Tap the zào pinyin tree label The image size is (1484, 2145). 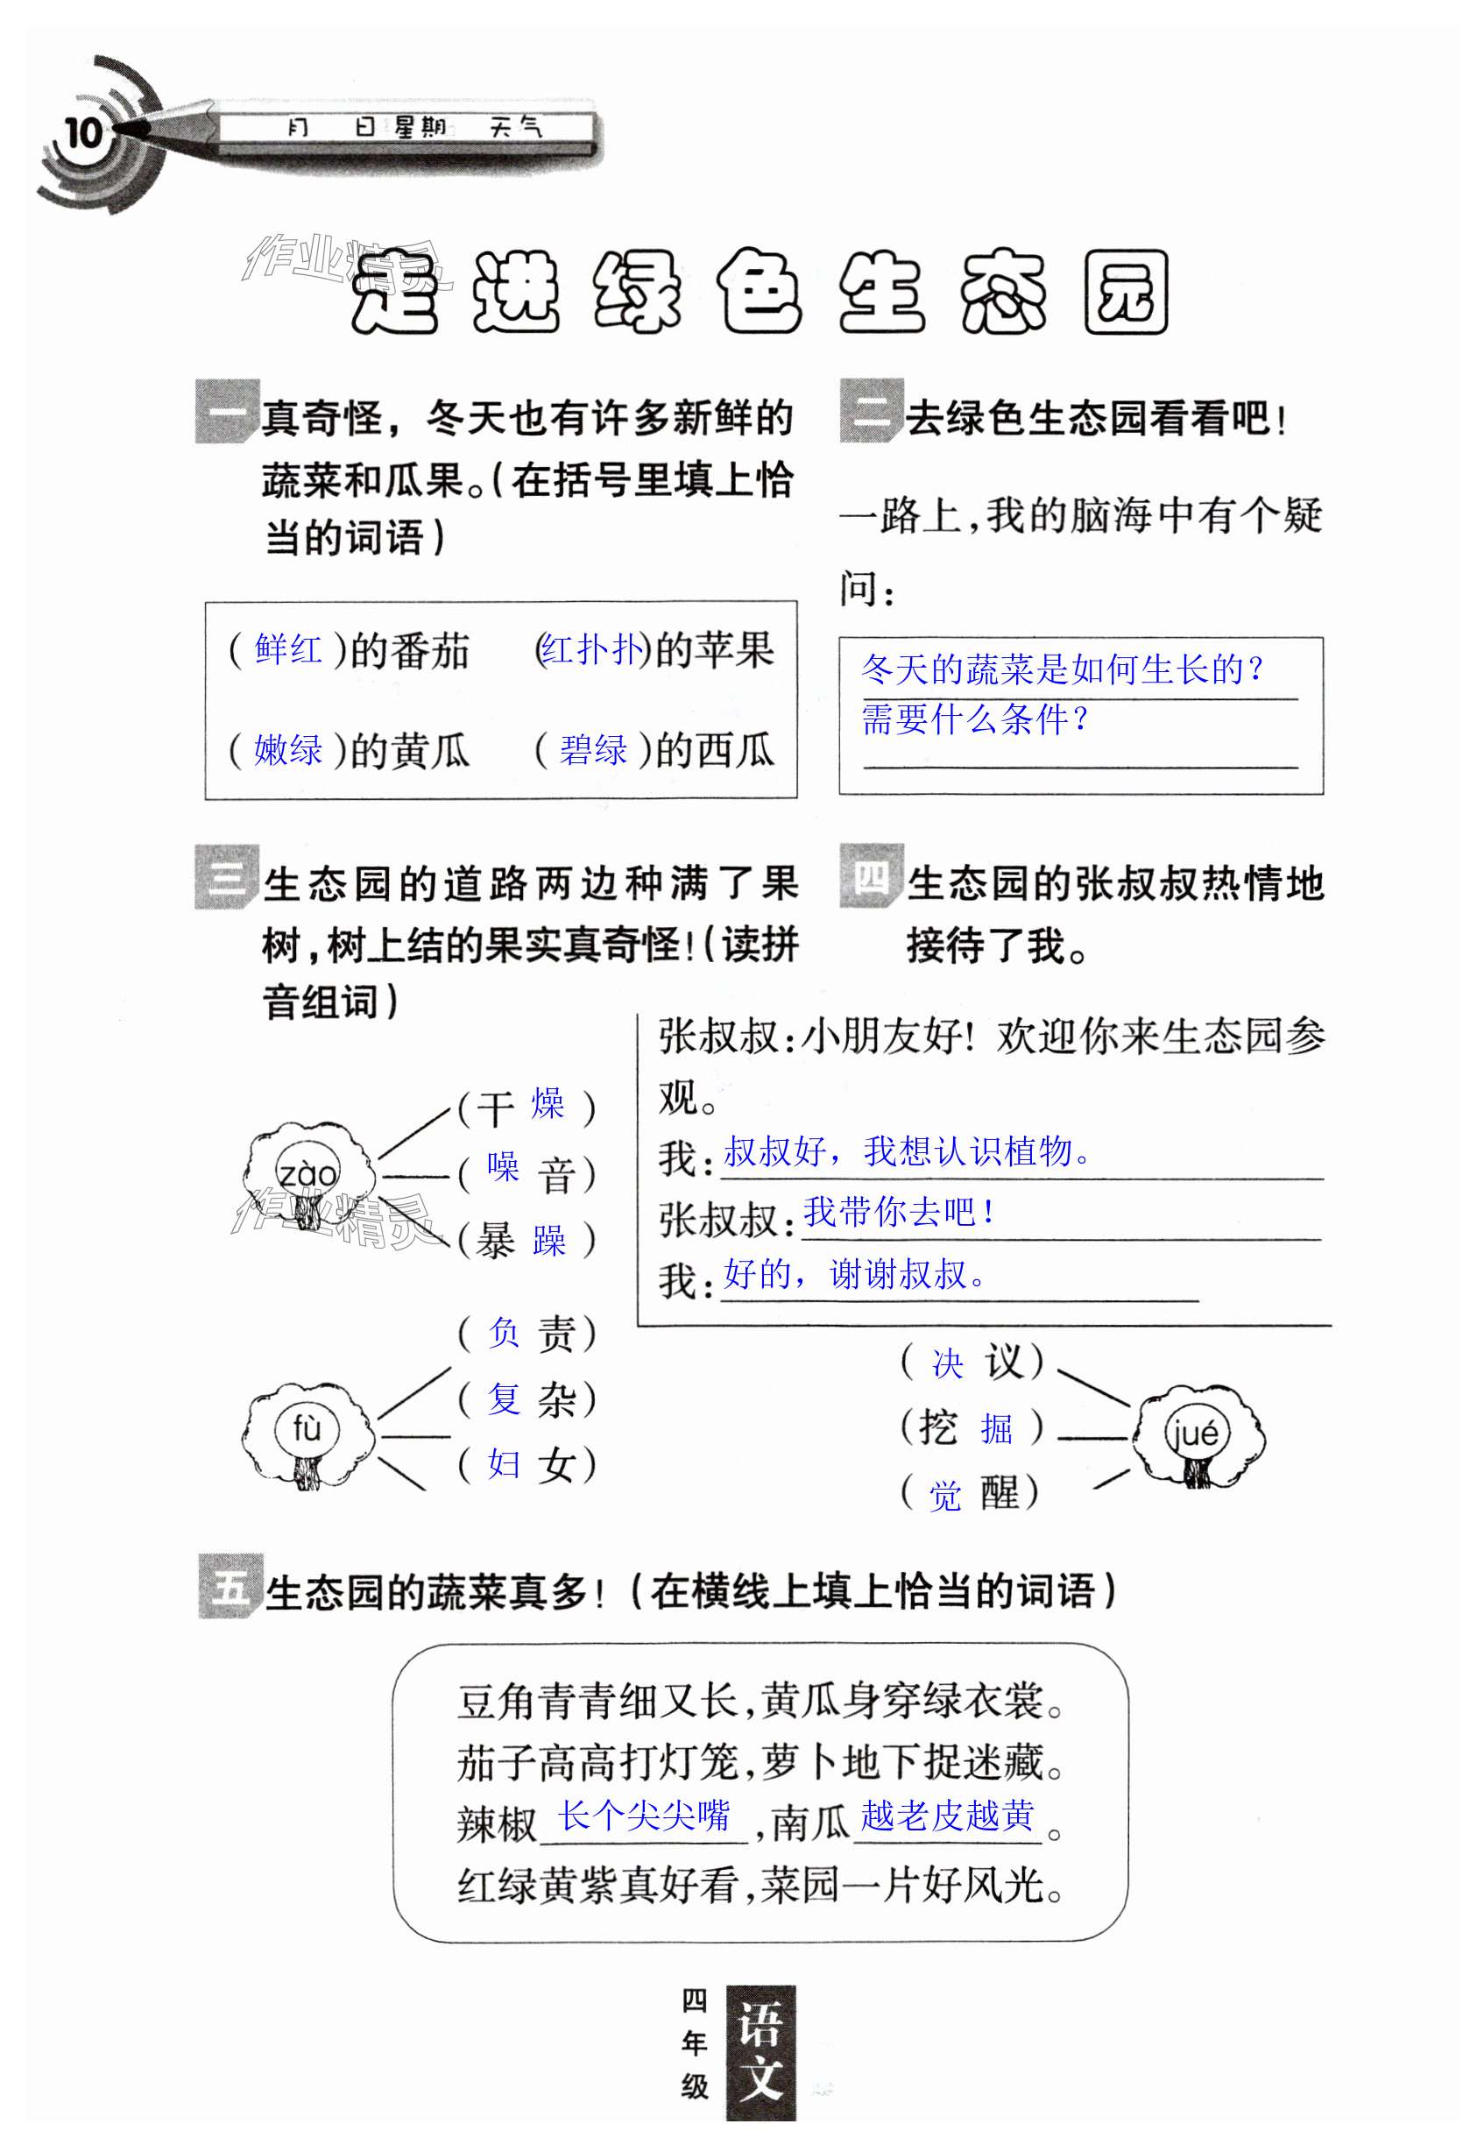coord(307,1174)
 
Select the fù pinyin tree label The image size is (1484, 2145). coord(306,1428)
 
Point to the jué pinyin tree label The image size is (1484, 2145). coord(1195,1432)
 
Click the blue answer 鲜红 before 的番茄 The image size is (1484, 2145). coord(288,649)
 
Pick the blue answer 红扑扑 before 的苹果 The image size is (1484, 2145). coord(592,649)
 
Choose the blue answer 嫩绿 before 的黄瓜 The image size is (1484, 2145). coord(288,749)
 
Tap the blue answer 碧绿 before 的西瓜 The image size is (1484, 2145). coord(593,749)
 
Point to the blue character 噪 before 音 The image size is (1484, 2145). coord(503,1168)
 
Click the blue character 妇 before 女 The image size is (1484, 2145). coord(504,1463)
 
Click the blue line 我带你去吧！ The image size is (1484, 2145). coord(898,1212)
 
